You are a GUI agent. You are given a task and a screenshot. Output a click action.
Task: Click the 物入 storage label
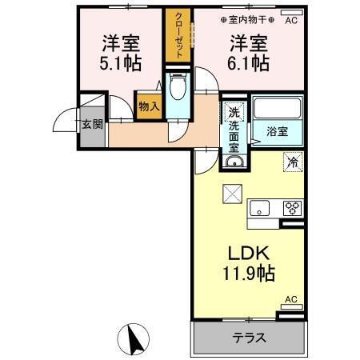point(148,105)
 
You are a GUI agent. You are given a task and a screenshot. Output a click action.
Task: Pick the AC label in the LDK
point(291,299)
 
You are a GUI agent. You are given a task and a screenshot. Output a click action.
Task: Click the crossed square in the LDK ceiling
point(231,192)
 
